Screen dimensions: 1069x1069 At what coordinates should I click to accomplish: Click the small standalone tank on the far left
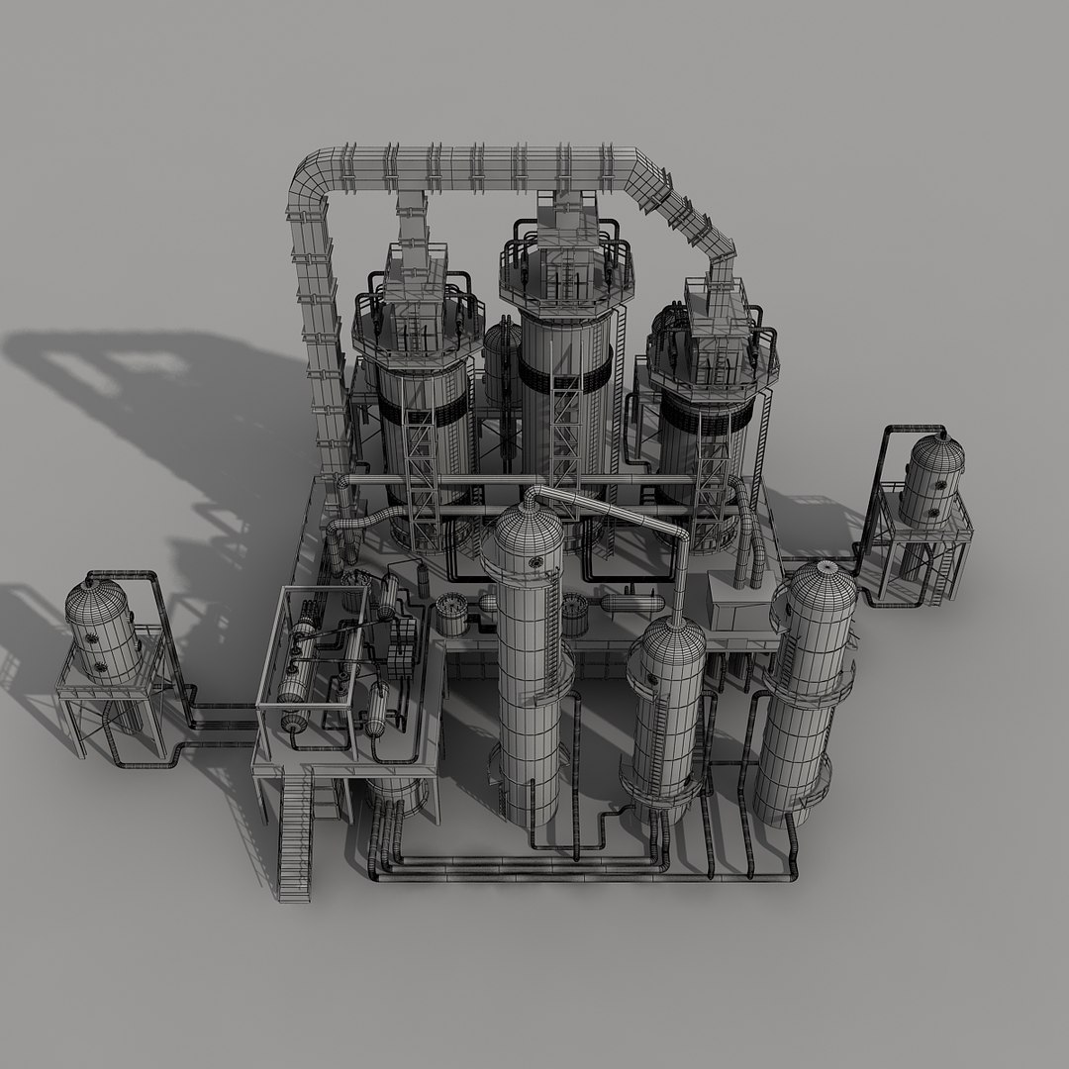tap(102, 631)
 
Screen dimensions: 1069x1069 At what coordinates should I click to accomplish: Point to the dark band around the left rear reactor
tap(424, 417)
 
